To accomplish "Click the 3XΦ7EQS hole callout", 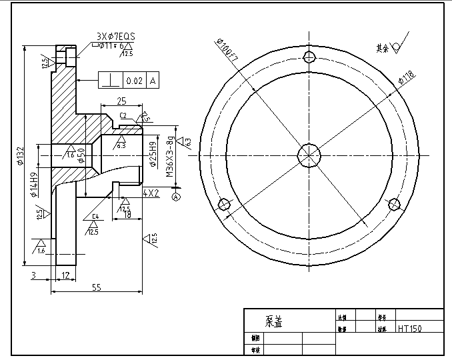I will click(x=116, y=36).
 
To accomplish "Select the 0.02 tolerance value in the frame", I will click(x=134, y=81).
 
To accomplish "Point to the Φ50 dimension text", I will click(x=81, y=155).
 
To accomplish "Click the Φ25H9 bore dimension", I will click(x=153, y=155).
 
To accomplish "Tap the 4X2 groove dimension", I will click(x=151, y=193).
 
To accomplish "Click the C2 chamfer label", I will click(x=123, y=115).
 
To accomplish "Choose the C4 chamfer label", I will click(x=95, y=217).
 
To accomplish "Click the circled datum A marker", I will click(x=176, y=197).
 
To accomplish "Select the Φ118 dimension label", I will click(x=406, y=78).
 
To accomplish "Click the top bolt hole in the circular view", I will click(x=309, y=56).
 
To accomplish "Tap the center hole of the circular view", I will click(x=309, y=155).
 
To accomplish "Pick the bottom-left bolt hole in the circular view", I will click(x=224, y=204).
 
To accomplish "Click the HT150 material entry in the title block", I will click(x=411, y=329).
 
